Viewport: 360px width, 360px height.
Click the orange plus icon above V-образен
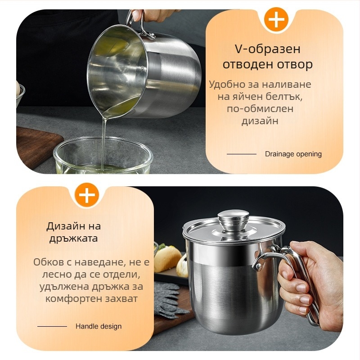click(276, 19)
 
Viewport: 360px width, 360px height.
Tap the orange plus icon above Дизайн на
click(87, 195)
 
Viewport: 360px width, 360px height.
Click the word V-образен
click(267, 49)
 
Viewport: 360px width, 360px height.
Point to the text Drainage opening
click(293, 154)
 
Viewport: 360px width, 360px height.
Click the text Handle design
click(99, 326)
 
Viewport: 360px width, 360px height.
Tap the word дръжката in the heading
click(74, 238)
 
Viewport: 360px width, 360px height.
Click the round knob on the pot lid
click(234, 220)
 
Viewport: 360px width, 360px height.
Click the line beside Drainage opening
click(242, 154)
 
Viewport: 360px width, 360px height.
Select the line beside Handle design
click(52, 327)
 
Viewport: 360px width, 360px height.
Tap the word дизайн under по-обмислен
click(260, 121)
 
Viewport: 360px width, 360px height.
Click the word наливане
click(287, 84)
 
